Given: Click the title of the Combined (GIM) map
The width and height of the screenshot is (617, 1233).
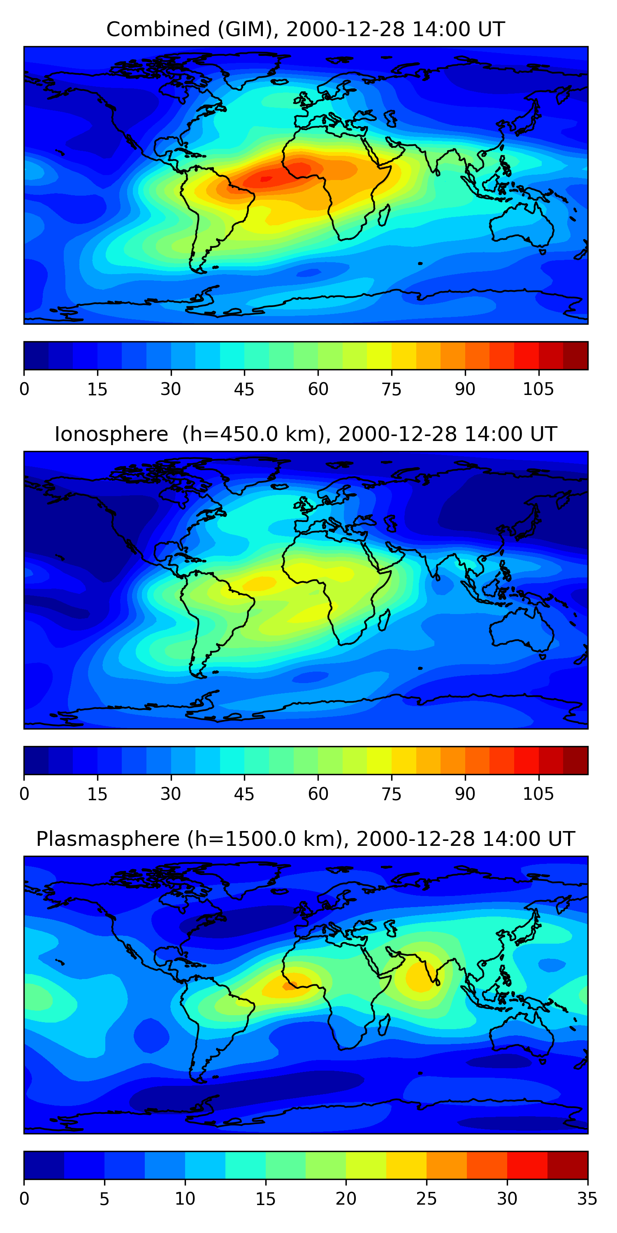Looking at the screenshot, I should [x=306, y=29].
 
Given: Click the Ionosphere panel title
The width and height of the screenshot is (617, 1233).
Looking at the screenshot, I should [x=306, y=434].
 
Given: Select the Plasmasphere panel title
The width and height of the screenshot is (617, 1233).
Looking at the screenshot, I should [x=306, y=839].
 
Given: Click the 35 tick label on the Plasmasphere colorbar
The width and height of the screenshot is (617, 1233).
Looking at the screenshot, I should [x=587, y=1199].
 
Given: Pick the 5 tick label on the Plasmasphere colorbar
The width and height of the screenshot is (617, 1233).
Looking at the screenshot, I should [x=104, y=1199].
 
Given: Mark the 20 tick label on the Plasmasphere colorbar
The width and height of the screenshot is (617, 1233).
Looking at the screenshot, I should [x=346, y=1199].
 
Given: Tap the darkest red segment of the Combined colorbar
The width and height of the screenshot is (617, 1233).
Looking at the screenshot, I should [x=575, y=356].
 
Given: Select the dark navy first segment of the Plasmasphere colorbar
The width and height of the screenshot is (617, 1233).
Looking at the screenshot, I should [x=44, y=1165].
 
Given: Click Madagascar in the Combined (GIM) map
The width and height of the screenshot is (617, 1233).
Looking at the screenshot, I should [x=384, y=215].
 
